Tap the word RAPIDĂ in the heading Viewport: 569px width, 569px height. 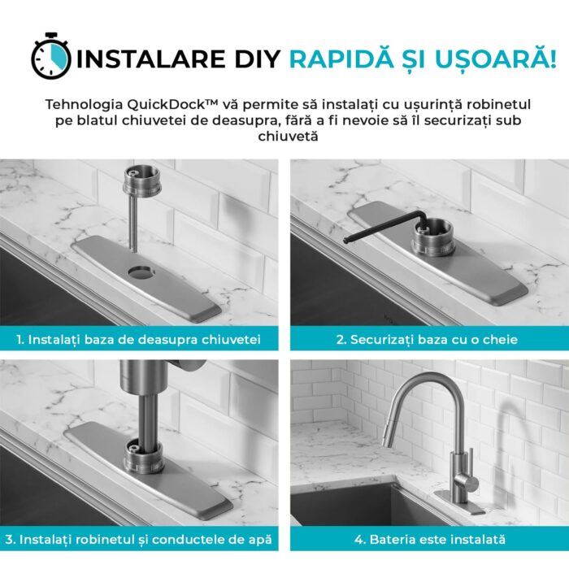341,58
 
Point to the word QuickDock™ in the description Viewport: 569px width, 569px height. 172,105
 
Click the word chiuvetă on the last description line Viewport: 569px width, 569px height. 288,137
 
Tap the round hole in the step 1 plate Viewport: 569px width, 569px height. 141,272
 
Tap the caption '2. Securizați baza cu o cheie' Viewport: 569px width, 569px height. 427,340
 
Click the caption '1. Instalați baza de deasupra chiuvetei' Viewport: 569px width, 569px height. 139,340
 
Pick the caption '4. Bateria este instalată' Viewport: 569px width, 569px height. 430,539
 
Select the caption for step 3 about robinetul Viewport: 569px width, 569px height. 139,539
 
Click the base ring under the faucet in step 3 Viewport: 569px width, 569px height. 143,457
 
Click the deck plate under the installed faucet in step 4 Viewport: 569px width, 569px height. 460,502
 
